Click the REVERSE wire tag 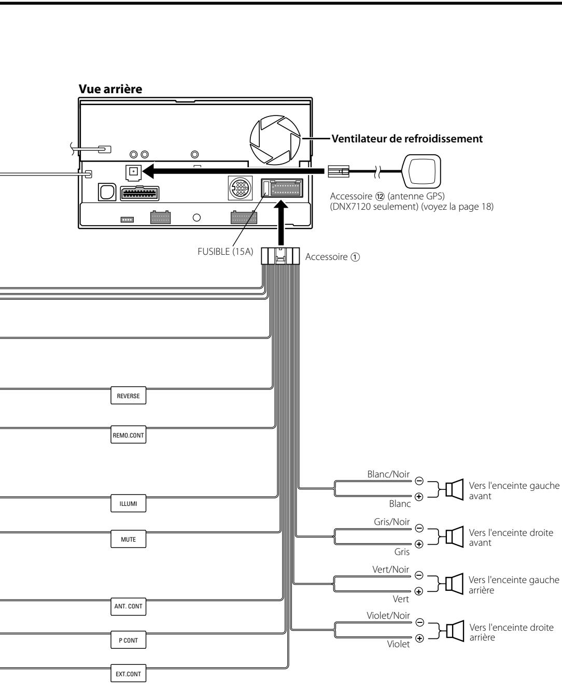(128, 396)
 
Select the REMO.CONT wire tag (128, 434)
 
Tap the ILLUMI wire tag (128, 503)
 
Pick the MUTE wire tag (128, 539)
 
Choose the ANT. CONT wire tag (128, 606)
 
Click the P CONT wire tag (128, 640)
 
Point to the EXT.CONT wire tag (128, 673)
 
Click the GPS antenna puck (421, 171)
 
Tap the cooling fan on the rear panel (275, 140)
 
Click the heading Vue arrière (110, 89)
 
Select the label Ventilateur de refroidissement (407, 139)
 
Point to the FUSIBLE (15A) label (226, 252)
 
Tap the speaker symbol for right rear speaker (455, 631)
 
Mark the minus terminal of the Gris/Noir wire (419, 528)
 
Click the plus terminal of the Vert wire (419, 591)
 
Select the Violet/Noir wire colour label (388, 616)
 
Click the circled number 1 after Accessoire (356, 257)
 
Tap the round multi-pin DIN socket (240, 188)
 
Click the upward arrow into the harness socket (281, 223)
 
